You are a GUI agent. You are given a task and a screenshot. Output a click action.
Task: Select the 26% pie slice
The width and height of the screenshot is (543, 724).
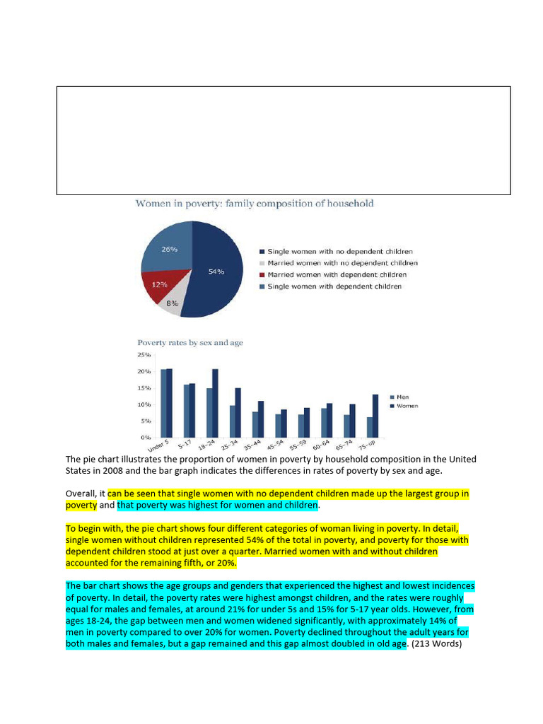point(168,249)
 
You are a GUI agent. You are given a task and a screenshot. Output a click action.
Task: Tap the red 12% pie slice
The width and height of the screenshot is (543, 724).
point(159,286)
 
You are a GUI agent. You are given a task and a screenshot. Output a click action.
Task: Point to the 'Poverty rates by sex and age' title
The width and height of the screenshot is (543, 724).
point(189,343)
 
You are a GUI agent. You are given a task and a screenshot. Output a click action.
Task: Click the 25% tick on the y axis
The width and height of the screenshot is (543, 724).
point(144,355)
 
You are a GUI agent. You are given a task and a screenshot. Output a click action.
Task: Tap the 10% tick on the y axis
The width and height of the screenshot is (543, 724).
point(144,404)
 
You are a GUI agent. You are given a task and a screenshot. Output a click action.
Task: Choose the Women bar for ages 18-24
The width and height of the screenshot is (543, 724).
point(215,403)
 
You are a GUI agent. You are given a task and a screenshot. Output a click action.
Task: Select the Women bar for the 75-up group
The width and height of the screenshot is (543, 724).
point(375,416)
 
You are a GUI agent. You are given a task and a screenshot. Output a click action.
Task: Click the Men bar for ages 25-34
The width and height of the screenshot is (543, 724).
point(232,421)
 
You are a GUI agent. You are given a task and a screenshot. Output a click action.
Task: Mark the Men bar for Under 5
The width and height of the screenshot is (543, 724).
point(163,403)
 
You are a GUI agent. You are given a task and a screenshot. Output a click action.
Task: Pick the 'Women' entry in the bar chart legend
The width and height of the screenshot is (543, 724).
point(405,406)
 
